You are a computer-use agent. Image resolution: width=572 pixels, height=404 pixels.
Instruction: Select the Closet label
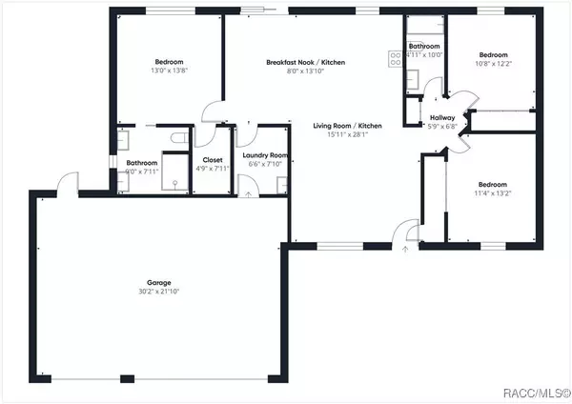click(x=213, y=160)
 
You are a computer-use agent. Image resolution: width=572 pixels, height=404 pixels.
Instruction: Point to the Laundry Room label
click(x=259, y=154)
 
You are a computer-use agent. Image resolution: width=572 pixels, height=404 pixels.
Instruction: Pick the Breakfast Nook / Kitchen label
click(x=305, y=63)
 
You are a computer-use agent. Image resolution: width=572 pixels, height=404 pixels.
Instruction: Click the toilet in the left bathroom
click(x=174, y=140)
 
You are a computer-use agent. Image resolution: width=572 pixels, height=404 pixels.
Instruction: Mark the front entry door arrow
click(x=405, y=249)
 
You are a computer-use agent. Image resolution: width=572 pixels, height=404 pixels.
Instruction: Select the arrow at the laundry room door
click(x=249, y=193)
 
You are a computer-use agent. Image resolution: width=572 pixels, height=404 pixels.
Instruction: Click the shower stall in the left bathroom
click(x=175, y=174)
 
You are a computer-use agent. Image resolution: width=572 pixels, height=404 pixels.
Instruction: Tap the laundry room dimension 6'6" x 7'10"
click(x=259, y=164)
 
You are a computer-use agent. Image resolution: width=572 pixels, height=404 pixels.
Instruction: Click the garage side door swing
click(x=67, y=181)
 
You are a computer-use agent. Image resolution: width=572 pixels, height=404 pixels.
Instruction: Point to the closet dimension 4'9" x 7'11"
click(x=213, y=169)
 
